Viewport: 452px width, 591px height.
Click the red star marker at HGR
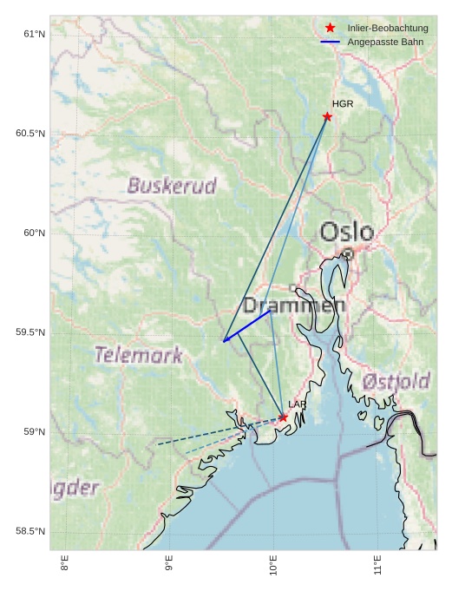pyautogui.click(x=327, y=116)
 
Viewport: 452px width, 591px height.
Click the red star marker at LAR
pyautogui.click(x=283, y=417)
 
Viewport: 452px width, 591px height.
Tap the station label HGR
pyautogui.click(x=343, y=104)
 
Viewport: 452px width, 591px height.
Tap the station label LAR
pyautogui.click(x=297, y=405)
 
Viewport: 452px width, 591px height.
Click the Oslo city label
pyautogui.click(x=347, y=233)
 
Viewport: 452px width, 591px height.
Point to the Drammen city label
pyautogui.click(x=293, y=305)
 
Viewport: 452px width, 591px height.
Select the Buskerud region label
pyautogui.click(x=172, y=186)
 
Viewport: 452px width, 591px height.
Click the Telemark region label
pyautogui.click(x=138, y=355)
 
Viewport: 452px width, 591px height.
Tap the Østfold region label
pyautogui.click(x=396, y=381)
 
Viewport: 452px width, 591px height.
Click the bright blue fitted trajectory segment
pyautogui.click(x=247, y=326)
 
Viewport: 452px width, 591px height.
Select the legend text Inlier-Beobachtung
pyautogui.click(x=388, y=29)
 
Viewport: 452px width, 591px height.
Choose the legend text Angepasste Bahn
pyautogui.click(x=385, y=42)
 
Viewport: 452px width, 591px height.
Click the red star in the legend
pyautogui.click(x=330, y=29)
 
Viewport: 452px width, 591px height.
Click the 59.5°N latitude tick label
pyautogui.click(x=30, y=333)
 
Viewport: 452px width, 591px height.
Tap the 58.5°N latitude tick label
pyautogui.click(x=30, y=532)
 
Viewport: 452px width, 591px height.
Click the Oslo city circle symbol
pyautogui.click(x=348, y=254)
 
